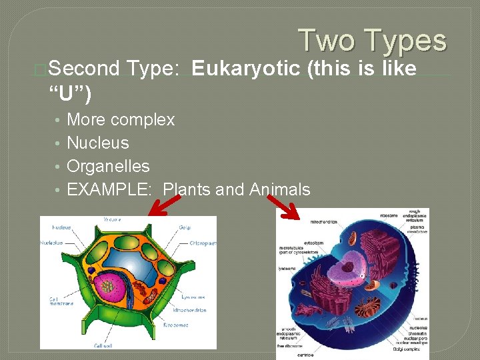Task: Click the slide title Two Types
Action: [x=372, y=40]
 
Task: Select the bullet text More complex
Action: [x=121, y=120]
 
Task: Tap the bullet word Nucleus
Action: [x=98, y=143]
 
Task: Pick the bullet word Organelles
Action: [x=108, y=166]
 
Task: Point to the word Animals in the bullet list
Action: [x=280, y=189]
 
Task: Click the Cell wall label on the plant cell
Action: [x=103, y=345]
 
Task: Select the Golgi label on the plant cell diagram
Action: [x=185, y=227]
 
